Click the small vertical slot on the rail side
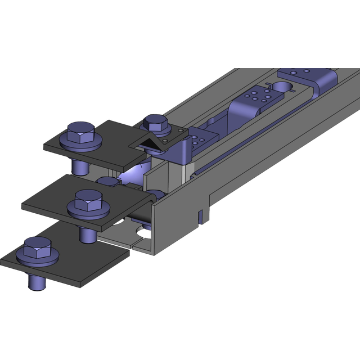coord(201,215)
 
